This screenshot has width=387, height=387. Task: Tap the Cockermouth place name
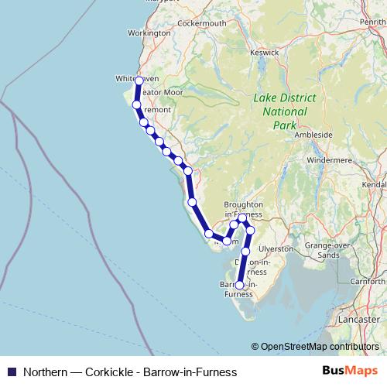[x=201, y=23]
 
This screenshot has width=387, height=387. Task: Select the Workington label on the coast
[x=149, y=33]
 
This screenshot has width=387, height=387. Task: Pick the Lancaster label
[x=359, y=318]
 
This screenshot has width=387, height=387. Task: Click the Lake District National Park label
[x=279, y=111]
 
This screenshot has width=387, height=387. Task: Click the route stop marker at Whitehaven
[x=139, y=80]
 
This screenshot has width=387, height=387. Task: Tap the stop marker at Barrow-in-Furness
[x=239, y=285]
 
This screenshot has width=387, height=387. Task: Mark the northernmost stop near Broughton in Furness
[x=243, y=217]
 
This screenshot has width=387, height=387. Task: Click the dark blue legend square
[x=12, y=371]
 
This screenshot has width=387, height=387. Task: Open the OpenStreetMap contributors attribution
[x=319, y=347]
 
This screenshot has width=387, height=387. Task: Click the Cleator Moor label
[x=160, y=92]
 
